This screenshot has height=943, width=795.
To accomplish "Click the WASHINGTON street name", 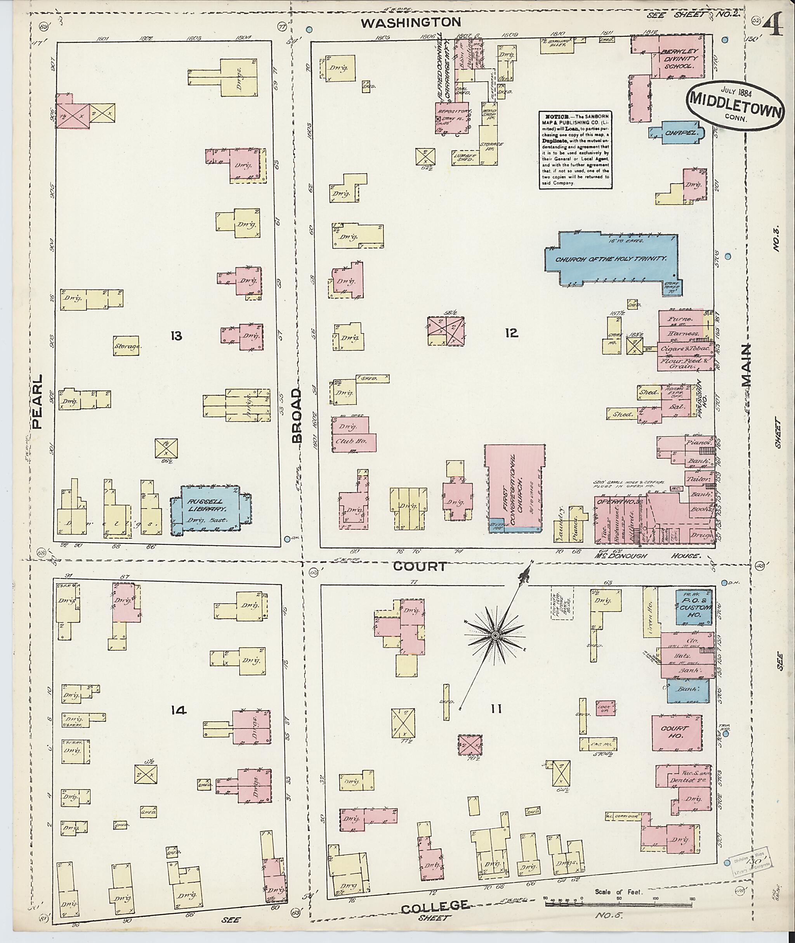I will click(411, 22).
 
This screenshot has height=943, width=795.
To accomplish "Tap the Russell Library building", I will click(210, 509).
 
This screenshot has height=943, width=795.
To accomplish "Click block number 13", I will click(176, 335).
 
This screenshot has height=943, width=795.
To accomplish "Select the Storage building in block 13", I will click(126, 346).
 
